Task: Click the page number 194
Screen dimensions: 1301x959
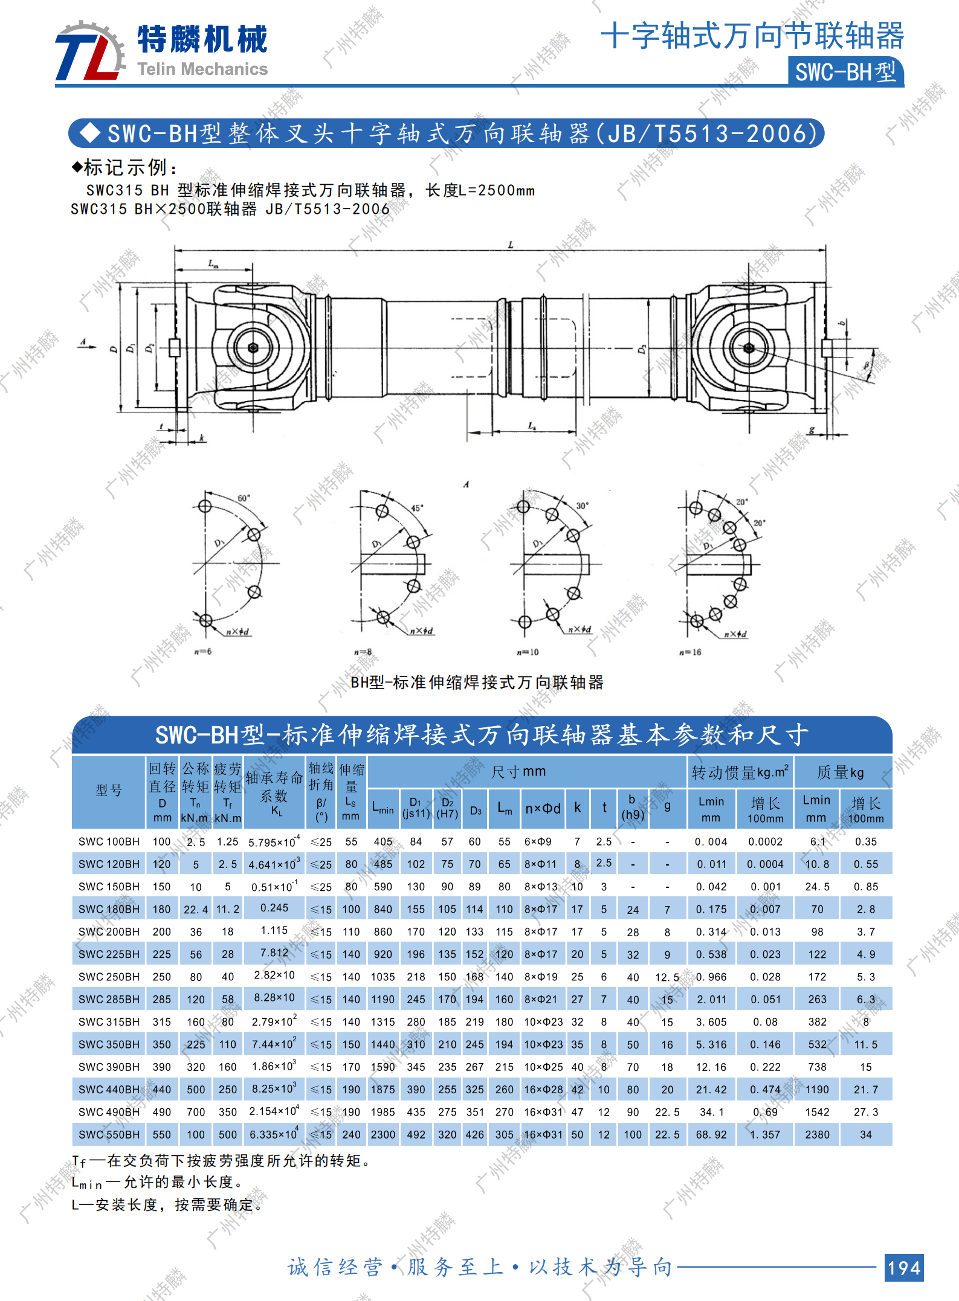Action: (x=904, y=1267)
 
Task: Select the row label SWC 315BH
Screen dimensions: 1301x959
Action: (x=109, y=1022)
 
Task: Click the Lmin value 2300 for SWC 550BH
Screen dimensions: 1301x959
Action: (x=383, y=1135)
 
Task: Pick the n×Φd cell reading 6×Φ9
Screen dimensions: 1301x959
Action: (x=538, y=841)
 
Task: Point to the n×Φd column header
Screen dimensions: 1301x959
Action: (x=543, y=808)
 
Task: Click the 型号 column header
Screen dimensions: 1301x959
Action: (x=109, y=791)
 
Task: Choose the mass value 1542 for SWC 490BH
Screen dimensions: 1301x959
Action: (x=817, y=1112)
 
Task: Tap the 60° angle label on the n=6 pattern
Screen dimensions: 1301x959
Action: (x=244, y=498)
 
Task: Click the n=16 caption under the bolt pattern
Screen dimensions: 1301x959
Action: (x=690, y=652)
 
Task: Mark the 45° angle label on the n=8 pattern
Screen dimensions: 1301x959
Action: (x=417, y=508)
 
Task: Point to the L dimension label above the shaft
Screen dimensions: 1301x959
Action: (x=511, y=245)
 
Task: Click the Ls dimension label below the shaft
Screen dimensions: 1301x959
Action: (x=532, y=426)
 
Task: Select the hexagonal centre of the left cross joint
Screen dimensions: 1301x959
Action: (x=253, y=348)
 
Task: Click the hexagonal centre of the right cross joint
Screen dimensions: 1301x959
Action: (x=749, y=348)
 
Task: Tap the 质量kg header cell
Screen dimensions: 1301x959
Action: (x=841, y=772)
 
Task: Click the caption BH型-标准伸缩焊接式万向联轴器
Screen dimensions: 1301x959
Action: (x=477, y=683)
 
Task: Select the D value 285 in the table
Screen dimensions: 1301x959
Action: (x=161, y=1000)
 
